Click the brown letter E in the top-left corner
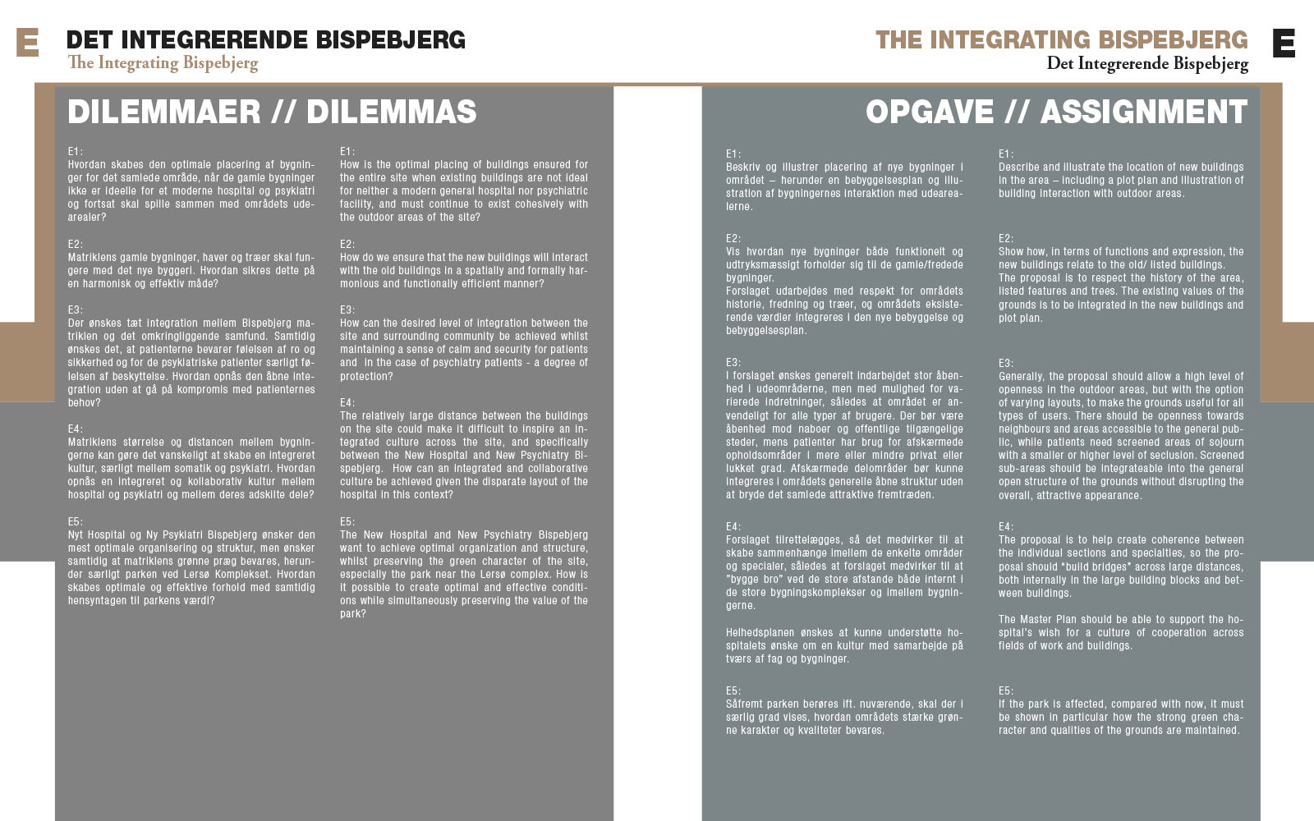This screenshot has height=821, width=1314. tap(27, 42)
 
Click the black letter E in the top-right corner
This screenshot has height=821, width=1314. tap(1284, 43)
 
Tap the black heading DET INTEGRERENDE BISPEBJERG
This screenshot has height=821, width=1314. tap(265, 39)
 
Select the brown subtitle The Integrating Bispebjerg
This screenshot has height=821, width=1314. tap(163, 63)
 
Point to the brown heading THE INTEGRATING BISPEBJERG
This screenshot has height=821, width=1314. tap(1061, 39)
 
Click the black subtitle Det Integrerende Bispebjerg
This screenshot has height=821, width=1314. tap(1146, 64)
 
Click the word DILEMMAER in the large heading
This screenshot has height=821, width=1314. tap(164, 112)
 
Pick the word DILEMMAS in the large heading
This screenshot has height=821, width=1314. tap(391, 112)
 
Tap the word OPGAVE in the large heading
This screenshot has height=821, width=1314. tap(930, 112)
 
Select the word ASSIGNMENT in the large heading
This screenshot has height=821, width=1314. tap(1143, 112)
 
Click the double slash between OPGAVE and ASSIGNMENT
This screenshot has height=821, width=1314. tap(1017, 112)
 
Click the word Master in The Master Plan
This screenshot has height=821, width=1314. tap(1036, 620)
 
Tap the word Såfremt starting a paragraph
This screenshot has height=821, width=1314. tap(744, 704)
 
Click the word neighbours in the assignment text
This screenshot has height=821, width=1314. tap(1026, 429)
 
